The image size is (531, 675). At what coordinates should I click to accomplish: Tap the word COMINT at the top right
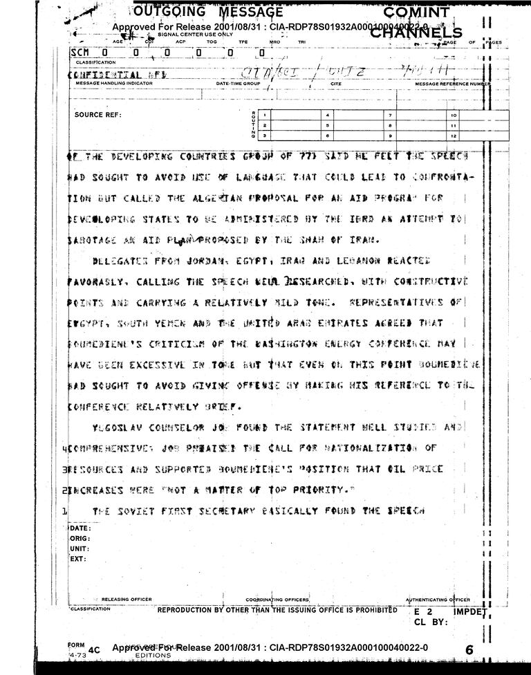(416, 12)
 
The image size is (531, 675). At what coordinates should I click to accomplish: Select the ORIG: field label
(81, 539)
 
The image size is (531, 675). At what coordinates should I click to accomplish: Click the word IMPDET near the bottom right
(471, 612)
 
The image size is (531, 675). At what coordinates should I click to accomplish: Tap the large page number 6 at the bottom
(469, 650)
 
